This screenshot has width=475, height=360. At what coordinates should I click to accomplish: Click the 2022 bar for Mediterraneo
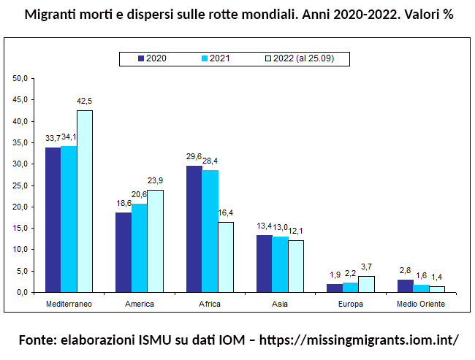(x=85, y=201)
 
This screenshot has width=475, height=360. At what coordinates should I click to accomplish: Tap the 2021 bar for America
(x=139, y=248)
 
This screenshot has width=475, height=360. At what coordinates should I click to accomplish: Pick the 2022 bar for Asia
(x=296, y=266)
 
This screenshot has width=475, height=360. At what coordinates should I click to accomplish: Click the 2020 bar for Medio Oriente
(x=405, y=286)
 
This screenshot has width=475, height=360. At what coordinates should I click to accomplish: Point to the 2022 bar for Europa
(x=366, y=284)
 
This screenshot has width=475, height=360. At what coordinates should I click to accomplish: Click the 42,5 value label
(x=85, y=102)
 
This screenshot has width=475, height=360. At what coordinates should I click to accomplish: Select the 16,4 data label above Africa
(x=226, y=213)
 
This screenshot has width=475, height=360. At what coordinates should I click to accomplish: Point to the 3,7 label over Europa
(x=367, y=267)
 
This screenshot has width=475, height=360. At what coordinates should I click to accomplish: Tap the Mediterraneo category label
(x=69, y=304)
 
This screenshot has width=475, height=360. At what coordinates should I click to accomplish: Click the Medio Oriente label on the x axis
(x=420, y=304)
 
